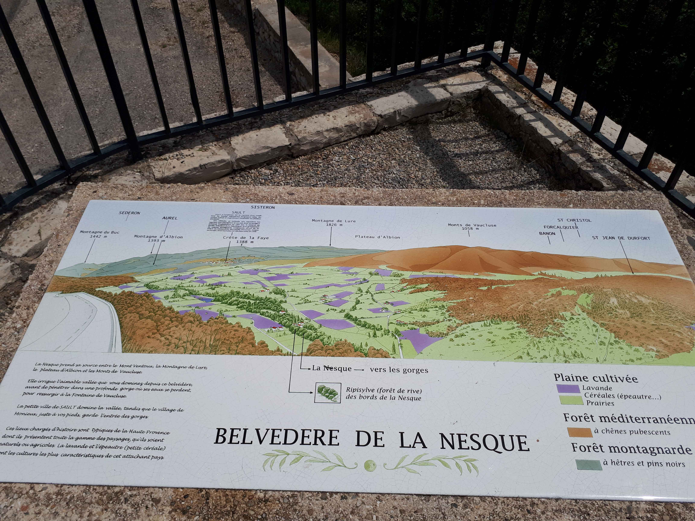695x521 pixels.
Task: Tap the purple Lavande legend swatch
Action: click(x=568, y=388)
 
